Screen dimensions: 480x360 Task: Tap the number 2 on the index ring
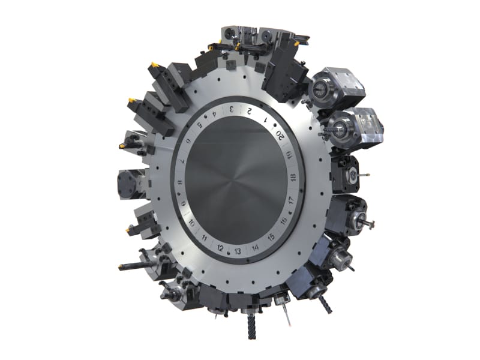click(250, 111)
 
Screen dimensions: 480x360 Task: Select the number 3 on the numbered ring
click(232, 109)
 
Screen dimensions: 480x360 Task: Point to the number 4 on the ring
click(215, 113)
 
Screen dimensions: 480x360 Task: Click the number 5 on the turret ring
click(200, 124)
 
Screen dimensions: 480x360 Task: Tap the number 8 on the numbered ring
click(181, 182)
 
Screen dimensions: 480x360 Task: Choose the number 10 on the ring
click(191, 223)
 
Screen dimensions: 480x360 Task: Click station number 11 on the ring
click(205, 238)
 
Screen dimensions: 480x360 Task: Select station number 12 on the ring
click(220, 248)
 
